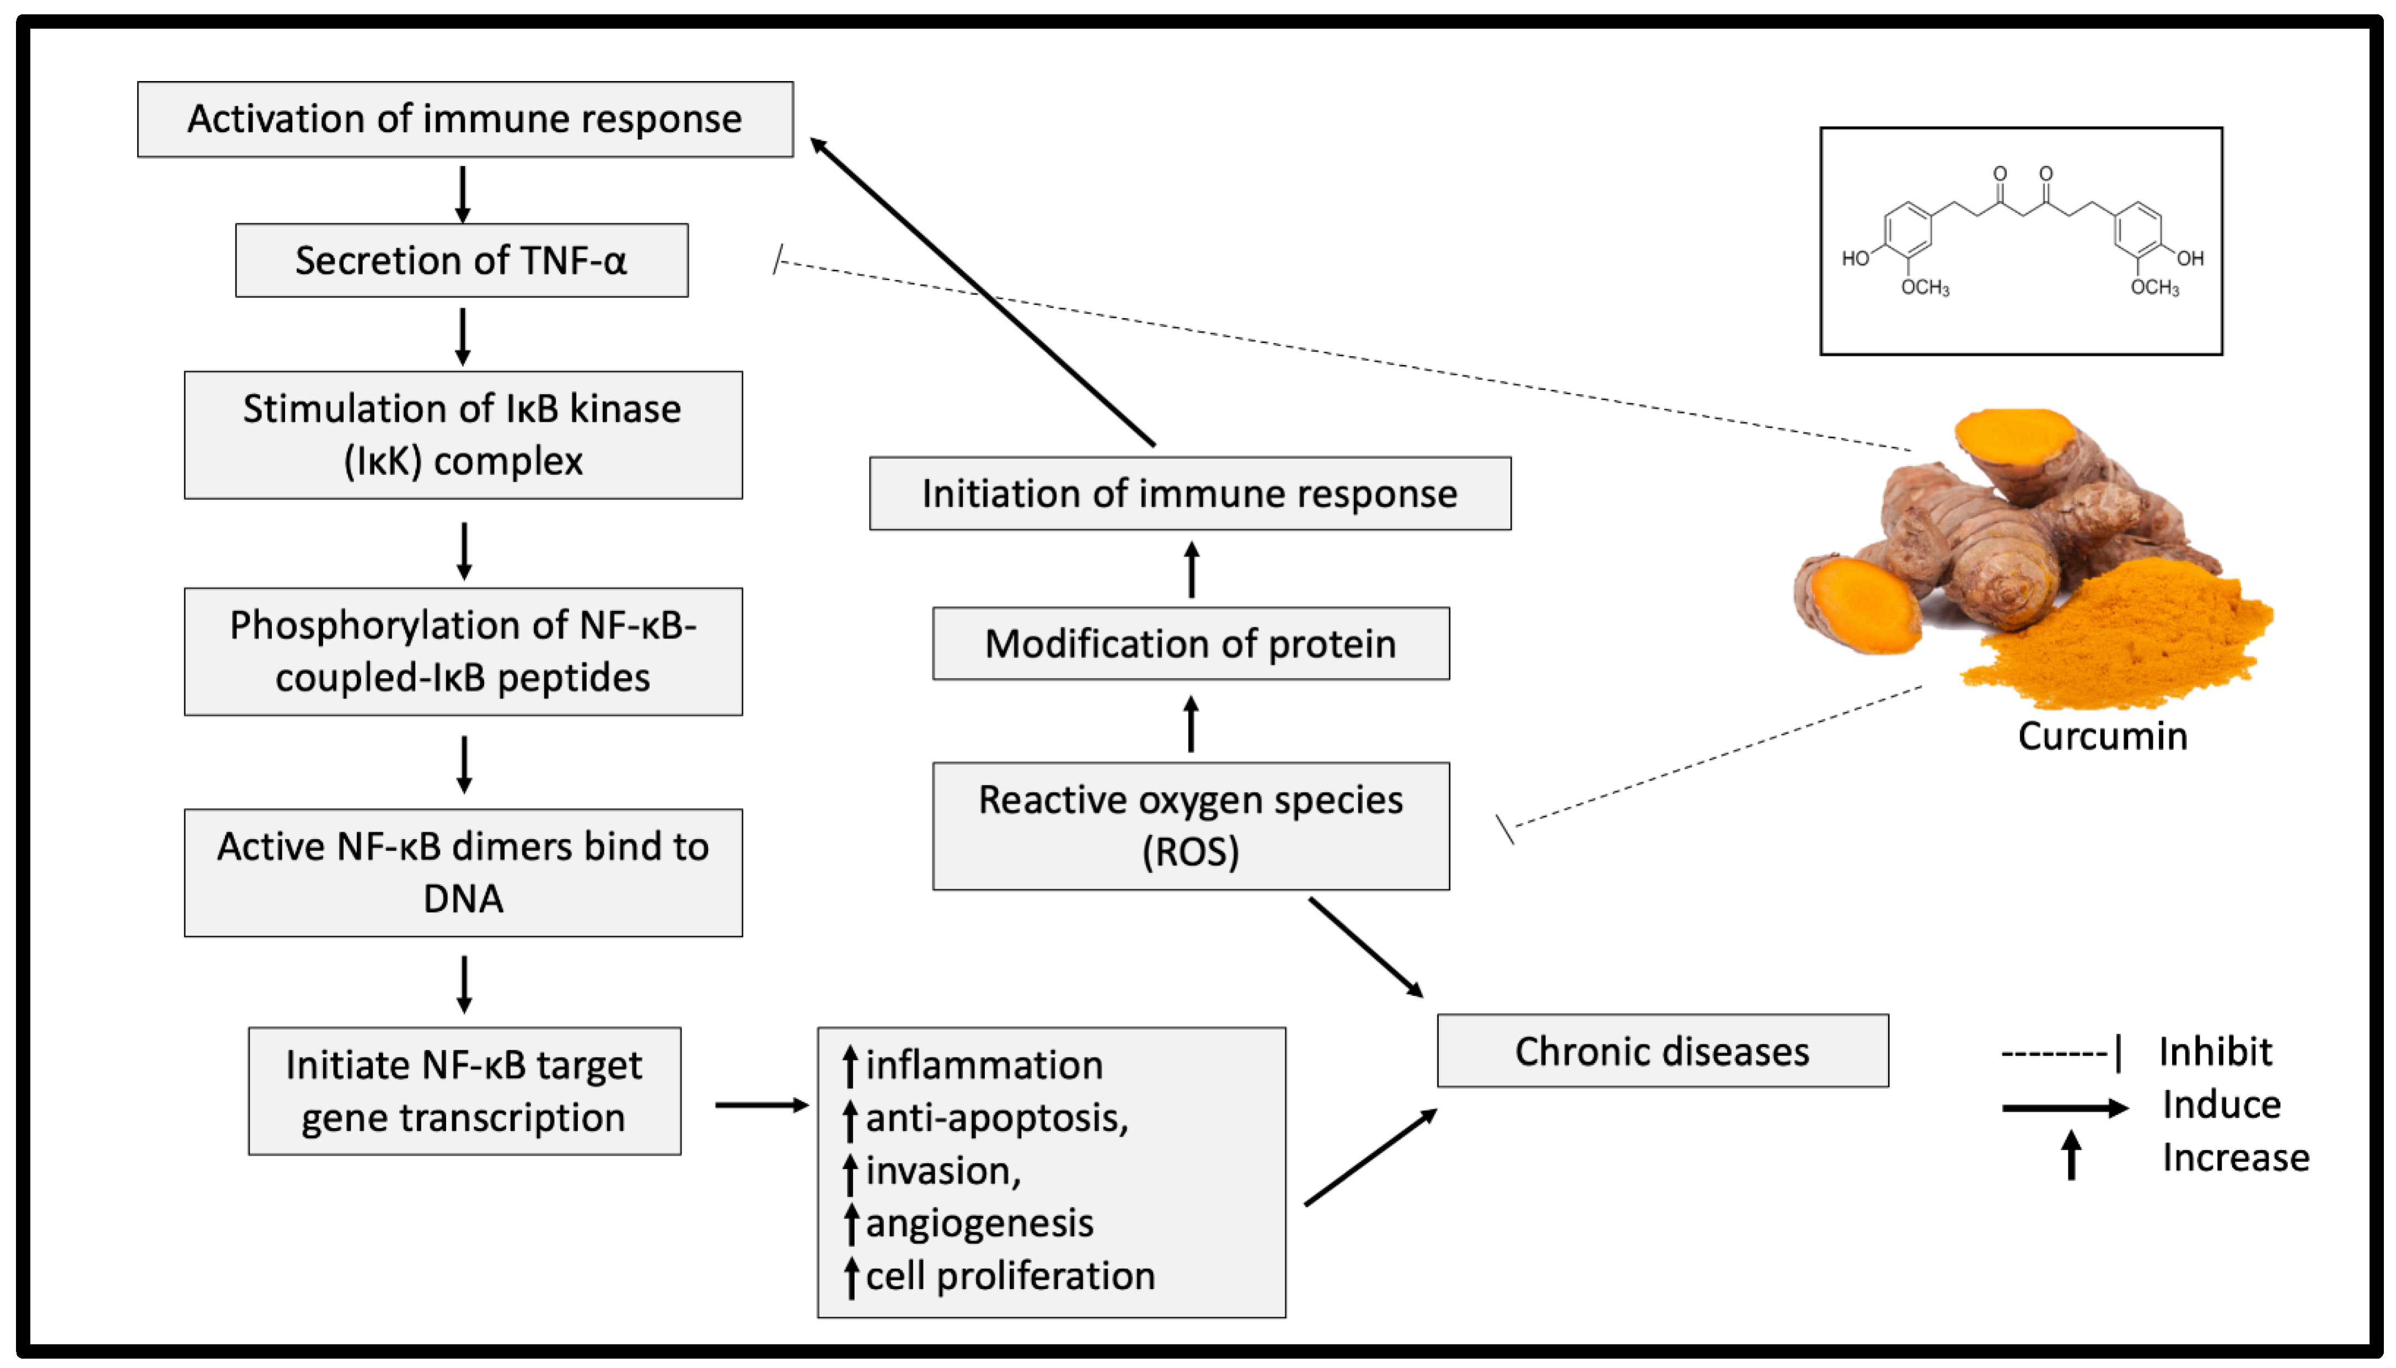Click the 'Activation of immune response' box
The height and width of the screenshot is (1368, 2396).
click(x=464, y=119)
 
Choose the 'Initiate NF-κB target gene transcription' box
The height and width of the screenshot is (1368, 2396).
click(x=464, y=1091)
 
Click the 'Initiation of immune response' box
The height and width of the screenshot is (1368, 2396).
click(x=1189, y=493)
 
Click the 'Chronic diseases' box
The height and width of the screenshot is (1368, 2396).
click(x=1661, y=1050)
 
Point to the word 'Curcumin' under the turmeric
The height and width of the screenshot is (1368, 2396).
click(x=2102, y=736)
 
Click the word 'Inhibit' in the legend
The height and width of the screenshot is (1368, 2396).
click(x=2215, y=1052)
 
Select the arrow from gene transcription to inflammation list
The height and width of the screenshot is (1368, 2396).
click(x=761, y=1105)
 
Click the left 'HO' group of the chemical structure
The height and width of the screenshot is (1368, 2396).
click(x=1854, y=259)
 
